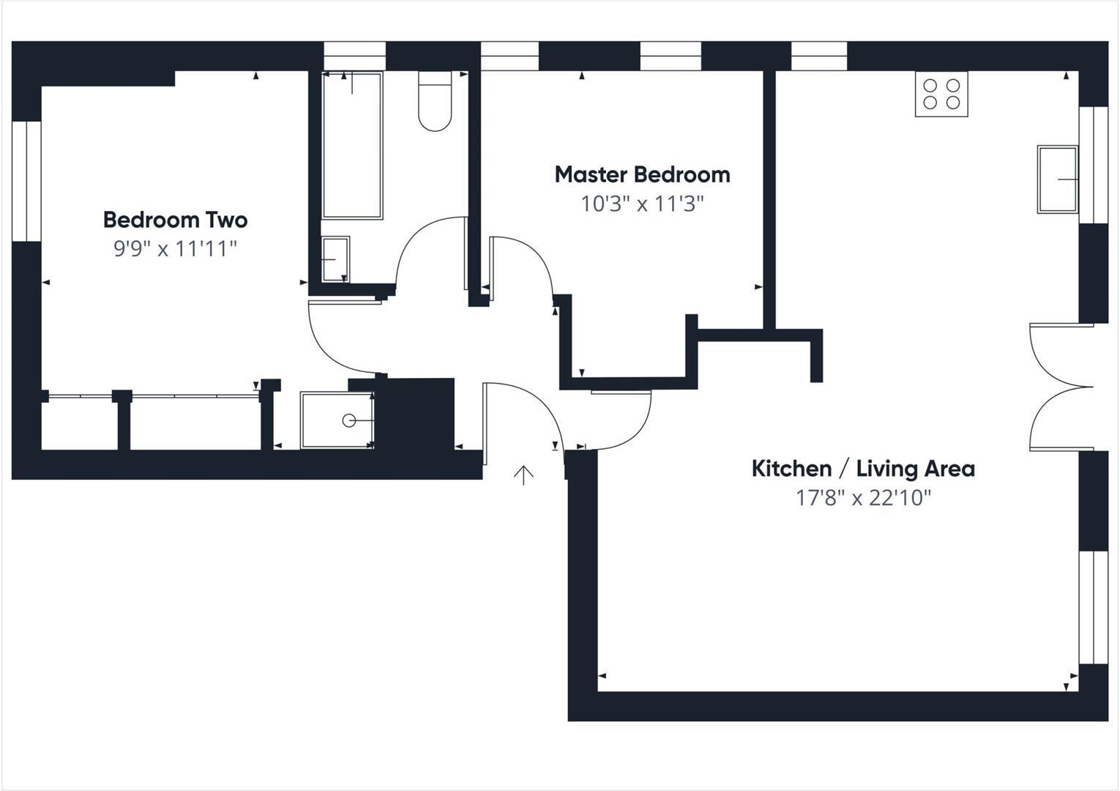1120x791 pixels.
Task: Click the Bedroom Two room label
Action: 175,220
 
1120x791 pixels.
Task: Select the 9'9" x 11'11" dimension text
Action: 175,249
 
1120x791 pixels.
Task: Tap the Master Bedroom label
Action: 642,174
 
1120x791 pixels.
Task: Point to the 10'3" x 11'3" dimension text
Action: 642,204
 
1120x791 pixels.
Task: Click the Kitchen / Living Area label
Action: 863,469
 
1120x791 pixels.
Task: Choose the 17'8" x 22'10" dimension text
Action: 863,498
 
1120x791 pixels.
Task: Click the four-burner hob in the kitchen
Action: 941,94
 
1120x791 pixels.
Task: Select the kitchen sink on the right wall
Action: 1057,179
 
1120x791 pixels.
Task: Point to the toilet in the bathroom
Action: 435,103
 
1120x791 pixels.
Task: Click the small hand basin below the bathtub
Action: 335,259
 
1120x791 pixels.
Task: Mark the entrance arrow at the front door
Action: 523,475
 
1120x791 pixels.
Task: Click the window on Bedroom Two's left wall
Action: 26,181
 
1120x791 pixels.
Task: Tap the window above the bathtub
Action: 354,56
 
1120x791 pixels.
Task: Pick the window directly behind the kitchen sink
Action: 1094,165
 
